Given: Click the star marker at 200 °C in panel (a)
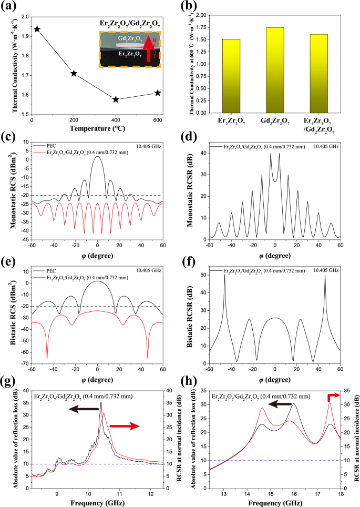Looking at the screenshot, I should tap(74, 73).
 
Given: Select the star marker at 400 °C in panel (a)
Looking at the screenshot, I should tap(116, 99).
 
